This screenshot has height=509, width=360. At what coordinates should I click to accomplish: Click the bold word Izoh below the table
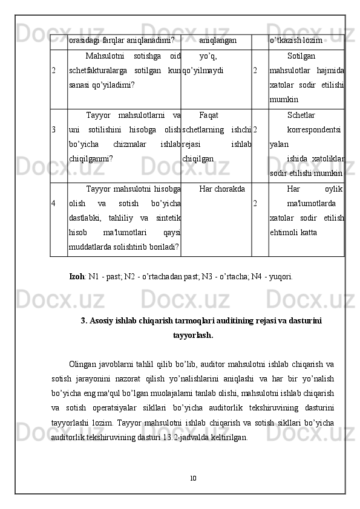coord(77,277)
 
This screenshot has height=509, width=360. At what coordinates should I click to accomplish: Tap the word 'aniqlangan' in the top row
coord(217,41)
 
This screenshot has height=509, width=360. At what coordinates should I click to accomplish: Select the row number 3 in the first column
coord(54,129)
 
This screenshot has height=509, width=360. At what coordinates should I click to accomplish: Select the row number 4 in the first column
coord(54,203)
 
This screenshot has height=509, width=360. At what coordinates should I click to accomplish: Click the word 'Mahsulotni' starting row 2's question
coord(106,56)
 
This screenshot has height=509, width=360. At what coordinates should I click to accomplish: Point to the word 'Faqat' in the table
coord(209,115)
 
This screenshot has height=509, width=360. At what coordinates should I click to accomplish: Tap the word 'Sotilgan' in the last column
coord(301,56)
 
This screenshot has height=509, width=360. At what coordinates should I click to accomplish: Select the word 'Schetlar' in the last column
coord(301,115)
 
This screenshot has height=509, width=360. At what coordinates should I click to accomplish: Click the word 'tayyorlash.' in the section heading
coord(192,334)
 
